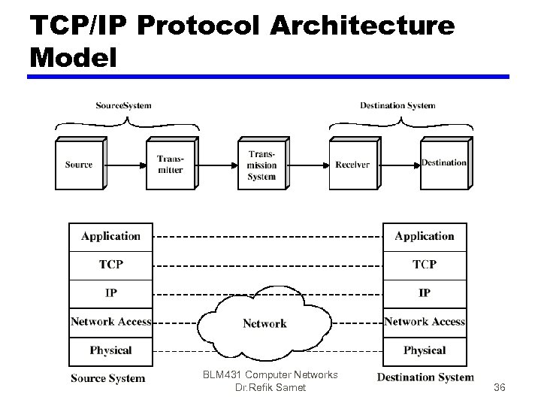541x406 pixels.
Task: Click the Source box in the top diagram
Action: [79, 165]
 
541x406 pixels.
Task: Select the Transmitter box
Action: [170, 165]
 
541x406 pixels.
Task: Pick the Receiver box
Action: [352, 165]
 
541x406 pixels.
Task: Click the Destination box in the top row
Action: [443, 164]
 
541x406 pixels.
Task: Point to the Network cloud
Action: [264, 323]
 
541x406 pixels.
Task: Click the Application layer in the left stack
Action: [110, 237]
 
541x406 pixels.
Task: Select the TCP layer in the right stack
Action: [425, 265]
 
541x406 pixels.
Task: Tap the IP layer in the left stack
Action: [110, 293]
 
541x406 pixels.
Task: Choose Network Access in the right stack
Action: [425, 322]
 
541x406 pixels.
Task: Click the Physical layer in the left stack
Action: [110, 350]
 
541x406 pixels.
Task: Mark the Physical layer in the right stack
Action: [425, 350]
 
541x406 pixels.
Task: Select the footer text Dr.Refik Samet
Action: [270, 388]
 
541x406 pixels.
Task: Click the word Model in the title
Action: [74, 57]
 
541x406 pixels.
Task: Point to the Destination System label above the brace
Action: [397, 105]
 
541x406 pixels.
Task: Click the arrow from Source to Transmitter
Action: [125, 165]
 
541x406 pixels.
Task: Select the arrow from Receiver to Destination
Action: [398, 165]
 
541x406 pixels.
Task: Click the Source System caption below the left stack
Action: [108, 378]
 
